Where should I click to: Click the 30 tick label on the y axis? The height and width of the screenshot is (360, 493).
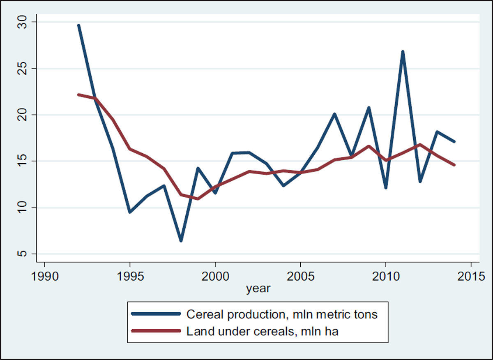22,22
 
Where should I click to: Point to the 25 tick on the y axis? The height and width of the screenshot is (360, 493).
22,69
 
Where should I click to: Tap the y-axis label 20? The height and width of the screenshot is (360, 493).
22,115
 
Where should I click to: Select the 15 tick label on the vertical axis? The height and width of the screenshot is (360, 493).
22,161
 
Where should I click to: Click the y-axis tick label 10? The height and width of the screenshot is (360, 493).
22,208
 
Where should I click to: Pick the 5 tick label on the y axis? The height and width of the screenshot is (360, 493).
22,254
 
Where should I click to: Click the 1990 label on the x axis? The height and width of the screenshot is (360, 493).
45,276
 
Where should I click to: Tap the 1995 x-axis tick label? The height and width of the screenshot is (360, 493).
130,276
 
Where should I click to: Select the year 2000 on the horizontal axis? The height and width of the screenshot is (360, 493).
215,276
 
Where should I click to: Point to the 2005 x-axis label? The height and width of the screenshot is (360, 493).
300,276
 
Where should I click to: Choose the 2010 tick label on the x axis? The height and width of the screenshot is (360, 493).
386,276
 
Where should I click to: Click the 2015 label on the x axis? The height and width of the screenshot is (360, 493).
471,276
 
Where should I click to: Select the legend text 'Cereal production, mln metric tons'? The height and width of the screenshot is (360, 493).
282,314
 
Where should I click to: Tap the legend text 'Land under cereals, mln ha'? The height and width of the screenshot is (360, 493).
263,331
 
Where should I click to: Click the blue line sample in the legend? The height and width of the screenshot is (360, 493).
156,314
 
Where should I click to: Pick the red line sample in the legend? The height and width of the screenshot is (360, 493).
156,331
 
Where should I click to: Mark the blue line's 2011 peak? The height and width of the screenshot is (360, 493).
403,52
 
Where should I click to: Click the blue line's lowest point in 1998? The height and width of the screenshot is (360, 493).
181,241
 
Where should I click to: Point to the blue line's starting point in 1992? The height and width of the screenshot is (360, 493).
78,25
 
